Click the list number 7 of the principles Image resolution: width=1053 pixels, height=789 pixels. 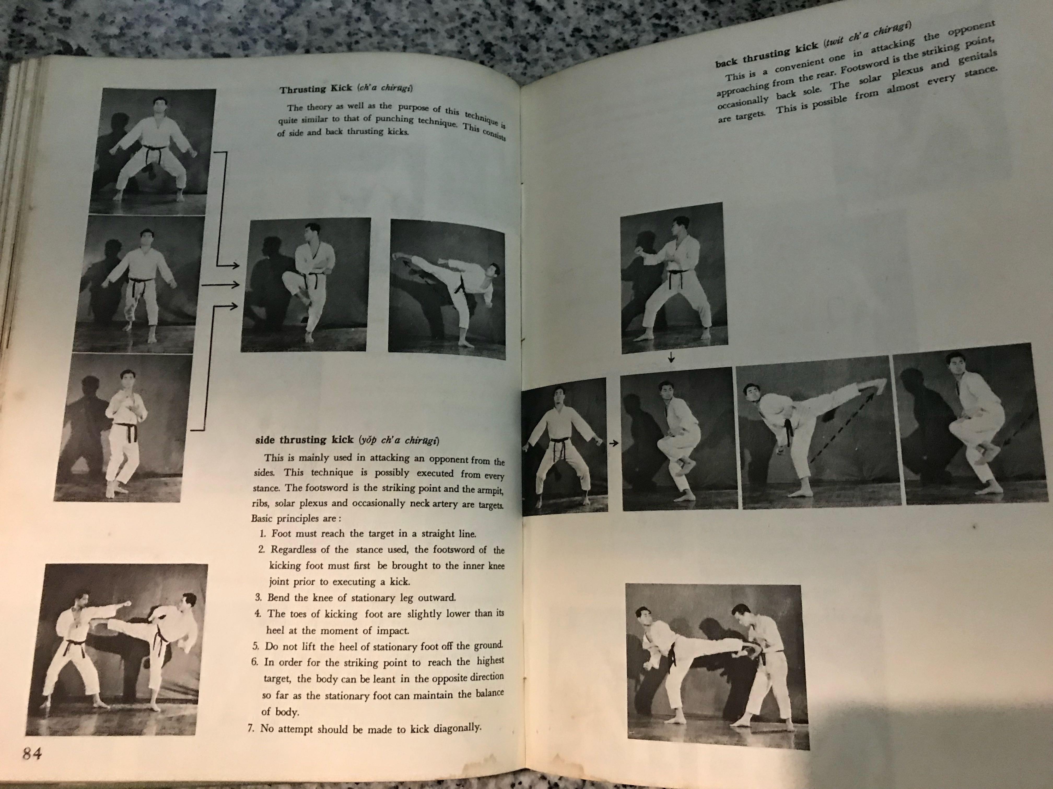coord(251,729)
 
